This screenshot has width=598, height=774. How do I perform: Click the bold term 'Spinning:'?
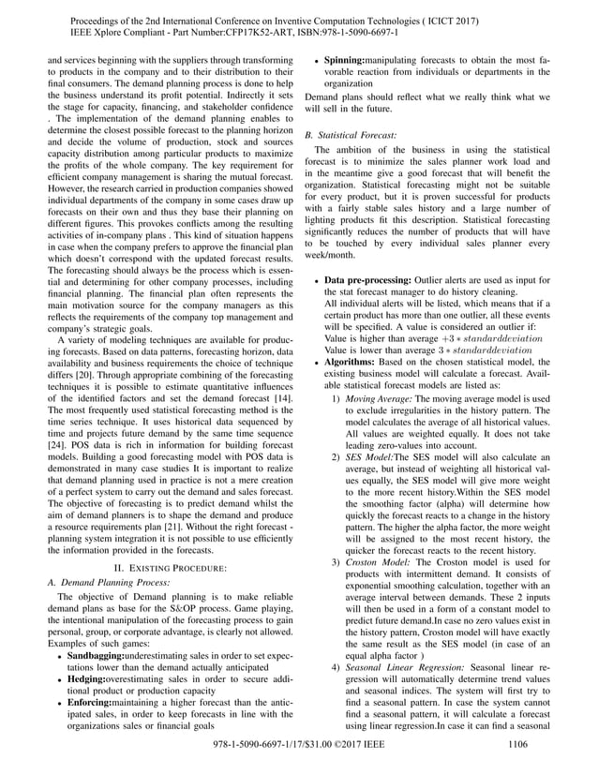tap(351, 57)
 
